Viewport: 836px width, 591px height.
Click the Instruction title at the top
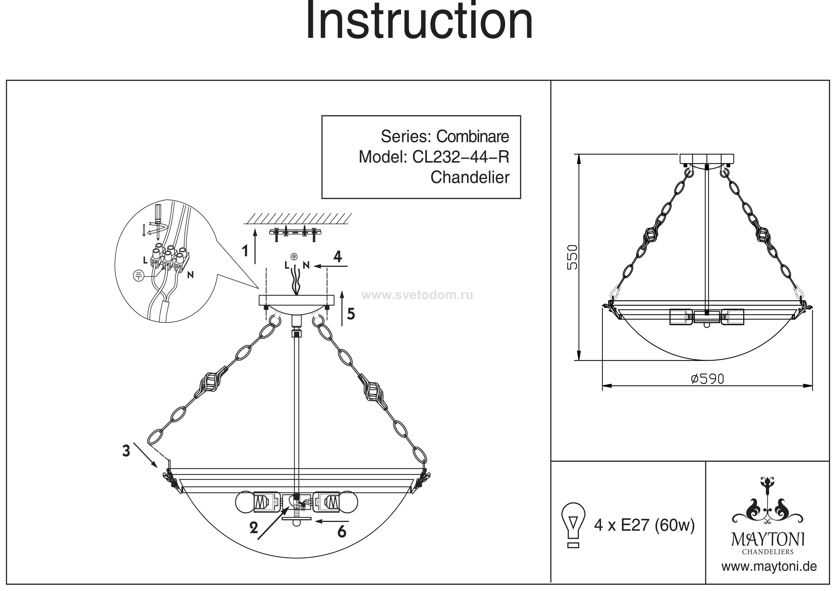[x=419, y=22]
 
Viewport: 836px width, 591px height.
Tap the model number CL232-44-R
[x=461, y=157]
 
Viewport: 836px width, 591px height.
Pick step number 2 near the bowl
[x=254, y=528]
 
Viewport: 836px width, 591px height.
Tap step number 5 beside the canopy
[x=351, y=314]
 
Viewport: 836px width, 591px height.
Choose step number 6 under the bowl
[x=342, y=532]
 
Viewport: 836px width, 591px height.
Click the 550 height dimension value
[x=573, y=257]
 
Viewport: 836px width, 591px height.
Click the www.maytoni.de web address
[x=769, y=567]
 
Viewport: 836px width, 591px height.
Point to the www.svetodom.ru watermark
[x=418, y=295]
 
